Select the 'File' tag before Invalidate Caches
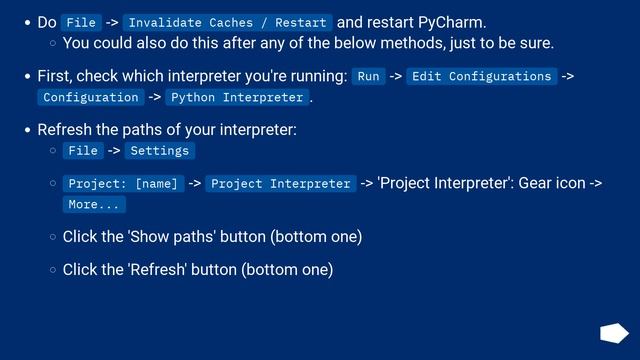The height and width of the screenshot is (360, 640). tap(82, 22)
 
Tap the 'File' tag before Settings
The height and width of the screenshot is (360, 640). tap(82, 150)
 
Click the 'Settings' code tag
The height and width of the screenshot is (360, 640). tap(160, 150)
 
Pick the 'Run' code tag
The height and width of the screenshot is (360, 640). tap(368, 76)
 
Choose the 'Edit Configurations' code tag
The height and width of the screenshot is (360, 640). tap(481, 76)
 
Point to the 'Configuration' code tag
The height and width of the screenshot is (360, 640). tap(91, 97)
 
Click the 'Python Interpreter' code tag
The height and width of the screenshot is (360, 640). tap(237, 97)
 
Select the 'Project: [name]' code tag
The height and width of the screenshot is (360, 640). tap(123, 183)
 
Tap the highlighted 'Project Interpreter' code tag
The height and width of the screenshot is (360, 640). tap(281, 183)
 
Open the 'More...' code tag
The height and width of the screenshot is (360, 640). tap(94, 204)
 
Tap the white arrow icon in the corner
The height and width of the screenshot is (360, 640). tap(613, 333)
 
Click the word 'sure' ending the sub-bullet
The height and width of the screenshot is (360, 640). tap(533, 43)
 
